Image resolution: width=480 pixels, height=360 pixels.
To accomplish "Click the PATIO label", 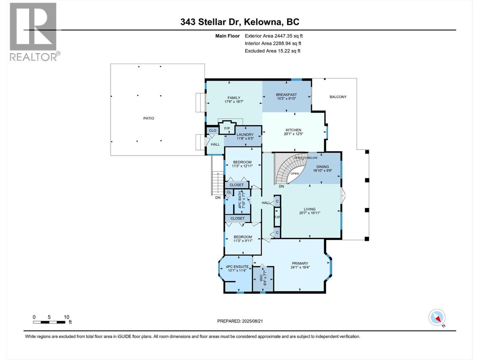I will coord(148,118).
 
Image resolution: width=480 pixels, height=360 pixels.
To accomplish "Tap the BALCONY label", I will coord(338,97).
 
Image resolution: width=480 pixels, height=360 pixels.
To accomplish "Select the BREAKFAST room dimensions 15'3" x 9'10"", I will coord(286,99).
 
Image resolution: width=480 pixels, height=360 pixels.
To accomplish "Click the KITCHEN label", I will coord(293,130).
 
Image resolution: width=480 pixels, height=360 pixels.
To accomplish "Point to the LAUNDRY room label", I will coord(245,134).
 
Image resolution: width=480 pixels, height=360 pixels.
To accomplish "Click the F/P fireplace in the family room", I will coord(227,129).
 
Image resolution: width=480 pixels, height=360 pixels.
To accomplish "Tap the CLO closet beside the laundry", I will coord(212,130).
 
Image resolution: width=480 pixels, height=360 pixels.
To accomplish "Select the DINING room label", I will coord(322,166).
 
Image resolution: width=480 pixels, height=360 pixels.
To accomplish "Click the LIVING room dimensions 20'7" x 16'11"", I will coord(310,213).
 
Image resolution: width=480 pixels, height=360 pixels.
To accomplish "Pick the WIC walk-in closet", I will coord(263,279).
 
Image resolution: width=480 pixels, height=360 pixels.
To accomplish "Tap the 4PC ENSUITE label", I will coord(237,266).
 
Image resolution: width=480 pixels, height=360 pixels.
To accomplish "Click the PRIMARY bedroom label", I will coord(300,263).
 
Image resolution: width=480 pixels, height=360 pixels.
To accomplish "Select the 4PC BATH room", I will coord(242,200).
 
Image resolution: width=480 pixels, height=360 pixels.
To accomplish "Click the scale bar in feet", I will coord(49,322).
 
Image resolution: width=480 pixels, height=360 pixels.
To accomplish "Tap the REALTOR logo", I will coord(34,31).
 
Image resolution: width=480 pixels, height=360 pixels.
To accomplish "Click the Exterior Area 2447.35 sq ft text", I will coord(274,36).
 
